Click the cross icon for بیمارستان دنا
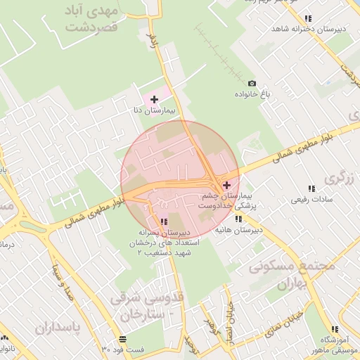pyautogui.click(x=155, y=99)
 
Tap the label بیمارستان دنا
pyautogui.click(x=160, y=111)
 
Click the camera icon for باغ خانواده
pyautogui.click(x=252, y=84)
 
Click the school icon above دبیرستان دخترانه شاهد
pyautogui.click(x=307, y=19)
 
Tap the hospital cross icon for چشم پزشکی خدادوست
pyautogui.click(x=226, y=185)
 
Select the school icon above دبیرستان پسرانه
pyautogui.click(x=164, y=221)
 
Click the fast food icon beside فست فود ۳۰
pyautogui.click(x=104, y=349)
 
